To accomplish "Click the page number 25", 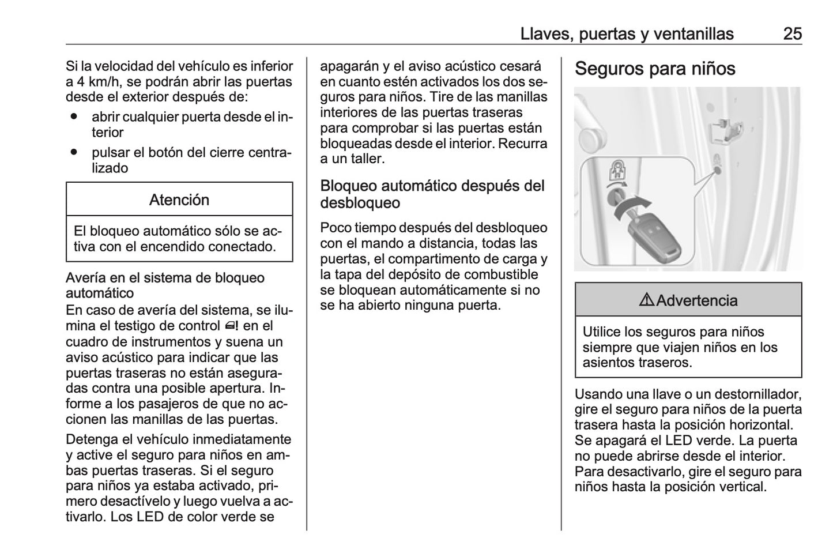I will click(792, 33).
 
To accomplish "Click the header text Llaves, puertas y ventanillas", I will click(627, 33).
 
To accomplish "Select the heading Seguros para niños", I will click(655, 69).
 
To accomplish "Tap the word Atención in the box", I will click(179, 200).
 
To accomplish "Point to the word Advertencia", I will click(696, 300).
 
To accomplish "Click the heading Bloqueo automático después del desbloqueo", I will click(432, 194).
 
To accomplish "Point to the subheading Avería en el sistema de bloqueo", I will click(165, 278).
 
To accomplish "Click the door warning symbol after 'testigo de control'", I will click(232, 326).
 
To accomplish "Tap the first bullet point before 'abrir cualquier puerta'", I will click(74, 117).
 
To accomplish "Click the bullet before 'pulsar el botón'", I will click(74, 153).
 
